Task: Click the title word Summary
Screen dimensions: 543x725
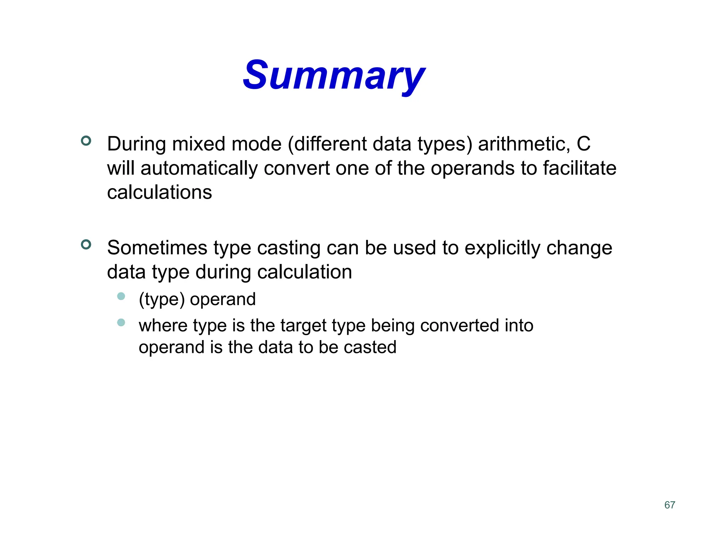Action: click(x=333, y=75)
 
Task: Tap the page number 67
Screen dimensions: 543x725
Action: click(x=669, y=505)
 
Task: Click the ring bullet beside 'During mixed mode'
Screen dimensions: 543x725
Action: click(x=86, y=141)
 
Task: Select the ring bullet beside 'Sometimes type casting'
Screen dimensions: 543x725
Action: click(x=86, y=244)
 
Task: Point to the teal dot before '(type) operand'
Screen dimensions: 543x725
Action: click(x=121, y=296)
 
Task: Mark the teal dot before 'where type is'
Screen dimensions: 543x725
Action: click(x=121, y=322)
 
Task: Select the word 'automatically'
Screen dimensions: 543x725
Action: click(x=199, y=168)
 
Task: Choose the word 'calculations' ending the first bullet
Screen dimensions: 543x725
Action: click(x=159, y=193)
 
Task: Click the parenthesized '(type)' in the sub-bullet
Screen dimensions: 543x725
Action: click(x=162, y=300)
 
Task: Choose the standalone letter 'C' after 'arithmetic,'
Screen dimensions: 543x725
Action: click(x=583, y=144)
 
